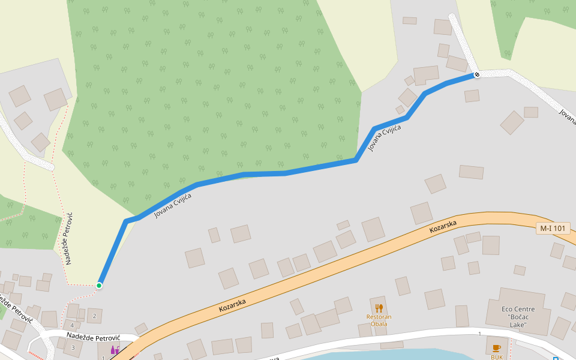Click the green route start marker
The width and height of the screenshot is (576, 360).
coord(99,286)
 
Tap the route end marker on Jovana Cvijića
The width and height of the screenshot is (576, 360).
coord(477,74)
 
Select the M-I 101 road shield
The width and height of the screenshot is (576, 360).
coord(553,228)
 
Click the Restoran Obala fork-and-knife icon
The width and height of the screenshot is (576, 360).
coord(379,308)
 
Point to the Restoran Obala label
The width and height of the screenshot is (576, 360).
coord(379,320)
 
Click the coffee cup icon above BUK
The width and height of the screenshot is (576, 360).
coord(496,348)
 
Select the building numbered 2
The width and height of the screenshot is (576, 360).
coord(94,316)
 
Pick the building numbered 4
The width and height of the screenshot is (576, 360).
coord(73,325)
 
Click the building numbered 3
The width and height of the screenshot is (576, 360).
coord(73,347)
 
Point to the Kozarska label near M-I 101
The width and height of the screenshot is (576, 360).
coord(443,227)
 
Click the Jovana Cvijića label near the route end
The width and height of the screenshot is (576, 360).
coord(384,135)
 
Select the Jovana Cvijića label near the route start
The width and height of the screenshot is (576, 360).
coord(173,205)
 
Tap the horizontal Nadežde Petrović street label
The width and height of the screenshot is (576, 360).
coord(94,337)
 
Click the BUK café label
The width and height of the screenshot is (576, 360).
coord(497,357)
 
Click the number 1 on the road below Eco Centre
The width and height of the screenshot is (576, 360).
coord(480,334)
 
